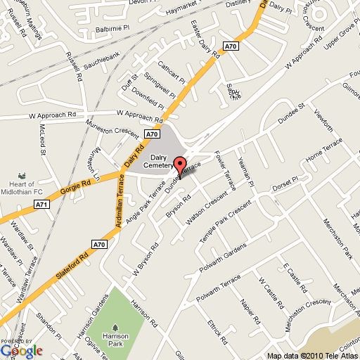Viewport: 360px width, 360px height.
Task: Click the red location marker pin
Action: pos(180,167)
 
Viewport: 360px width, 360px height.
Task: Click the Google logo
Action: pos(21,349)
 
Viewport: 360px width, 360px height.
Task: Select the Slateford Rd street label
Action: pos(69,264)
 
